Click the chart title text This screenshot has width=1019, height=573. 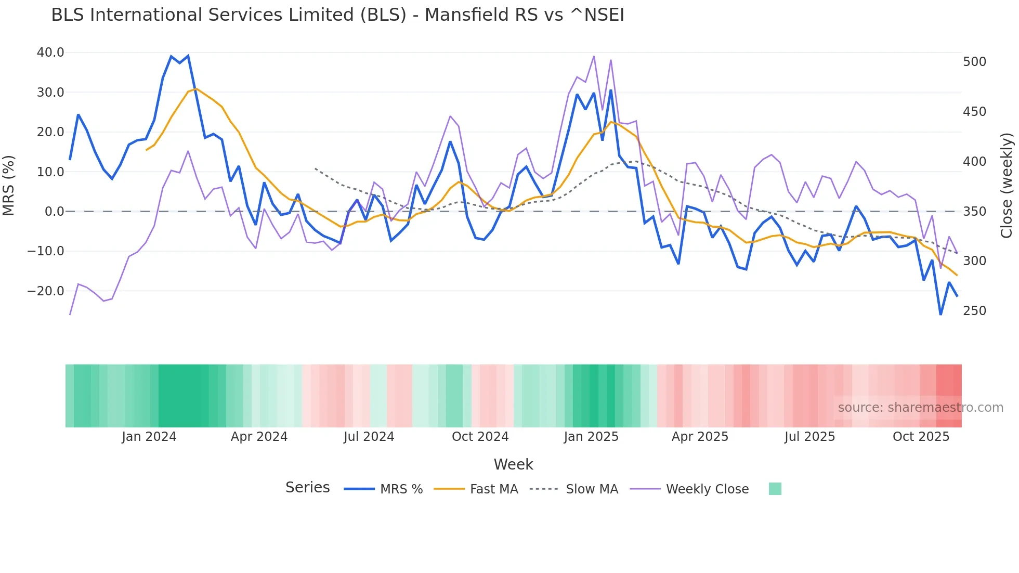[337, 15]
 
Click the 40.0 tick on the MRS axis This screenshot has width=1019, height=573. [50, 53]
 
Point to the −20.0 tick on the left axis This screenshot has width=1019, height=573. [46, 291]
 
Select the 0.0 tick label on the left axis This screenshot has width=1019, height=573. [54, 212]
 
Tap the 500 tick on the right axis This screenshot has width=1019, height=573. [974, 62]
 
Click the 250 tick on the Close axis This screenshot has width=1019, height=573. [974, 311]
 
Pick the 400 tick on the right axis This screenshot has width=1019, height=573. [974, 162]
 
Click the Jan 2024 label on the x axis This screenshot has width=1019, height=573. [149, 437]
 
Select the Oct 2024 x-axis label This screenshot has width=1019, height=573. [480, 437]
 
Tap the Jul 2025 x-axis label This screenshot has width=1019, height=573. [809, 437]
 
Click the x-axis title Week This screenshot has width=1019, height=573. [513, 464]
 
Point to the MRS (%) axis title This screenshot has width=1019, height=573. [9, 186]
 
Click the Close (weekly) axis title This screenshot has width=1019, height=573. [1007, 186]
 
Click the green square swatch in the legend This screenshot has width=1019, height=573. [775, 489]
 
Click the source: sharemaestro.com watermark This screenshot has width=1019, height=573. [920, 408]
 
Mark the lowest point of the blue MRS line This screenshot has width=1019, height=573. [940, 314]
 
